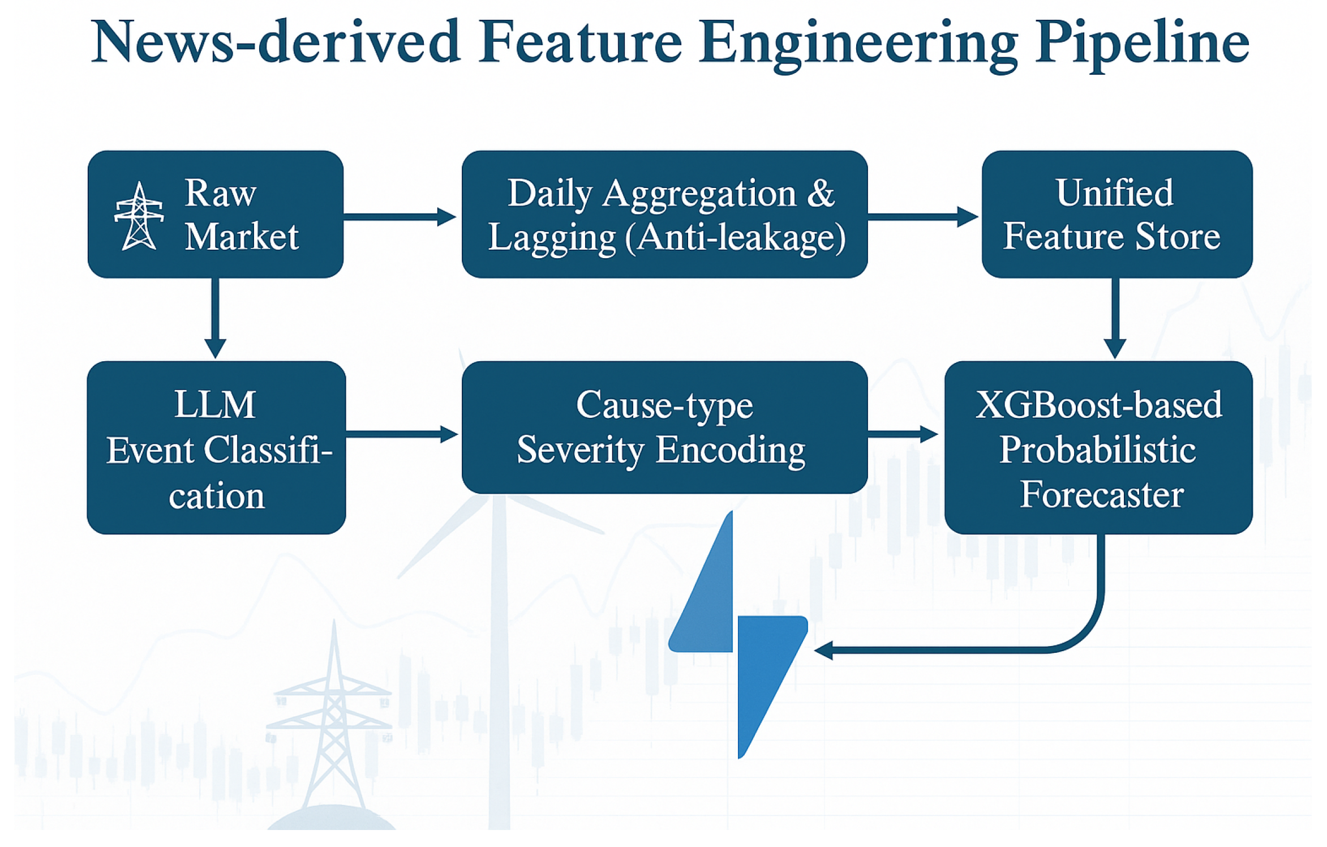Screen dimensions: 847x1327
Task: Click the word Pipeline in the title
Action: pos(1143,44)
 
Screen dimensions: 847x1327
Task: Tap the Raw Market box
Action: pos(215,214)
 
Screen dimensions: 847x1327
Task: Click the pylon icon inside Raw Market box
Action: pos(139,216)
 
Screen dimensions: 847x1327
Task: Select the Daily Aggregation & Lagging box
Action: pos(664,214)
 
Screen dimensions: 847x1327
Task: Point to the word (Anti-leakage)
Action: pos(736,237)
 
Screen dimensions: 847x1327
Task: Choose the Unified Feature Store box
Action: pos(1116,214)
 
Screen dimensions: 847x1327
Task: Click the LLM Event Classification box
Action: pos(216,447)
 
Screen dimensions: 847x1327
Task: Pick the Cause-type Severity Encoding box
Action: pos(664,427)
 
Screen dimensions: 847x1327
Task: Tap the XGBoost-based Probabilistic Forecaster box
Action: pos(1098,447)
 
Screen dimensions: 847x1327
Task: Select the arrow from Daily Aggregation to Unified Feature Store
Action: pos(922,216)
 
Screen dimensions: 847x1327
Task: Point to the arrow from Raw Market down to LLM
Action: pos(215,317)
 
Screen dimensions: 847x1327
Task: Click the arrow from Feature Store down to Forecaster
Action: pos(1115,317)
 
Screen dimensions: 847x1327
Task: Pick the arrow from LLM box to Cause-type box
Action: pos(402,434)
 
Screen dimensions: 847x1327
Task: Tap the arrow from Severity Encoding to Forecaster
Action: pos(903,434)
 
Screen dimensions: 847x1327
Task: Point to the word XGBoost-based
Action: pos(1098,405)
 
